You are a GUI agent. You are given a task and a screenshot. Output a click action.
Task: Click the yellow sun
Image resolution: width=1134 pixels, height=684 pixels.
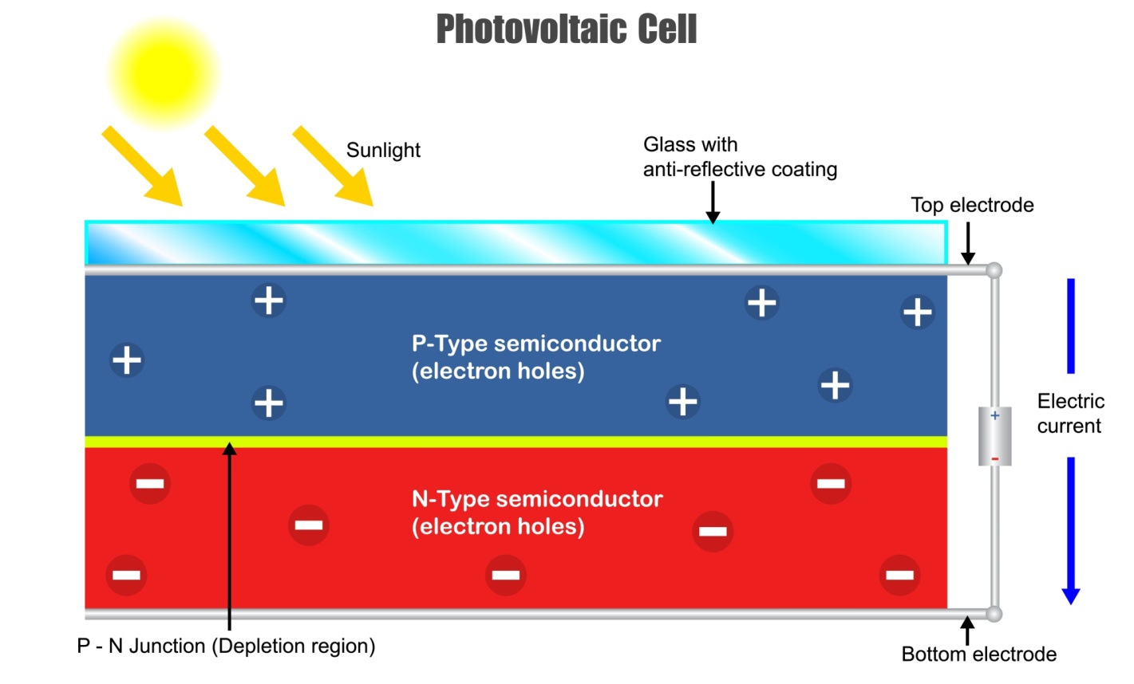coord(163,71)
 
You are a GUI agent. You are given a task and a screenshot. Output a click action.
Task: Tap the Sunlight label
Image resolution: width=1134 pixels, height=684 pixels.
coord(383,151)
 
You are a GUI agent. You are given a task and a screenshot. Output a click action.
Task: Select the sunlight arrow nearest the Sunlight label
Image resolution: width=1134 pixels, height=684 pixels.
coord(333,166)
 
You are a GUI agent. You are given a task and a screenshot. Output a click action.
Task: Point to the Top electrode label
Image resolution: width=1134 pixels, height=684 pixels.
coord(972,206)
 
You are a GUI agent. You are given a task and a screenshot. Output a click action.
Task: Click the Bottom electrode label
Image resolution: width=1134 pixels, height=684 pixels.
coord(978,655)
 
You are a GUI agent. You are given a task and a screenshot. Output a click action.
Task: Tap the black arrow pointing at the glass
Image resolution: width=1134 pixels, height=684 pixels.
coord(713,202)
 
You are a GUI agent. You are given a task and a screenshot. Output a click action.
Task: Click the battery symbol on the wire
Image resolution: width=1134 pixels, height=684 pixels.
coord(994,436)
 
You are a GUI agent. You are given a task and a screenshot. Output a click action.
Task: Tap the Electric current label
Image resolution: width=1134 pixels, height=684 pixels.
coord(1070,413)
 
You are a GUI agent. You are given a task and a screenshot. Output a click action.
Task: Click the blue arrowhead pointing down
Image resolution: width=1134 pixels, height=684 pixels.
coord(1071,596)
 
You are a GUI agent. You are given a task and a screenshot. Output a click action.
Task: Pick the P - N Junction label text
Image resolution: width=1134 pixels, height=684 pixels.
coord(226,646)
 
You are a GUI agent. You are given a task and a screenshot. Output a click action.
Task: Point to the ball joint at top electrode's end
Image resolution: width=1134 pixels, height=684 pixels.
coord(994,270)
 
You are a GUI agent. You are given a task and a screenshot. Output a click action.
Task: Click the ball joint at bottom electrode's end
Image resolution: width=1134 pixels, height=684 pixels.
coord(994,614)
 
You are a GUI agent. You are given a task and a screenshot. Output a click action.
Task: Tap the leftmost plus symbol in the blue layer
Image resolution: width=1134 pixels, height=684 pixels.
coord(127,360)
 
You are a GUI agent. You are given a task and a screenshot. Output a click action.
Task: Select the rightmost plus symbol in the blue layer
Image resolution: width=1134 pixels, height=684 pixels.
coord(917,311)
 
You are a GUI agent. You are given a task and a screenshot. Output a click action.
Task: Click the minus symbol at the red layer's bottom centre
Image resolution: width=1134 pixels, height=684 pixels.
coord(505,575)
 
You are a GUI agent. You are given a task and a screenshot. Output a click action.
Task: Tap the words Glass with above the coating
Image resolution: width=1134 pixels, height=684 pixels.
coord(690,144)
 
